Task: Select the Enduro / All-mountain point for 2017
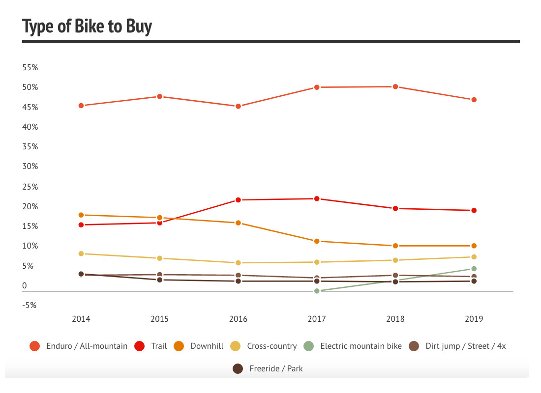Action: tap(317, 87)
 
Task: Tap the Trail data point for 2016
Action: tap(238, 200)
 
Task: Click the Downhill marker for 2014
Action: tap(81, 215)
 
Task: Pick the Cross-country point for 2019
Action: tap(474, 257)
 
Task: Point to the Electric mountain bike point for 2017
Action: tap(317, 291)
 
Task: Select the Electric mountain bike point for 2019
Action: tap(474, 269)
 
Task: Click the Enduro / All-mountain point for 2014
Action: tap(81, 106)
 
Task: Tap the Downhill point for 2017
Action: tap(317, 241)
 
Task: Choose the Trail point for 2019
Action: tap(474, 210)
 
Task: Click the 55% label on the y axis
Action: tap(30, 68)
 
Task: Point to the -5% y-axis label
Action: tap(29, 305)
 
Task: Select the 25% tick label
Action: tap(30, 187)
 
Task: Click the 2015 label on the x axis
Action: tap(159, 319)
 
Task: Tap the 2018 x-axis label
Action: tap(395, 319)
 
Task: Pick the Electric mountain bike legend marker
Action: tap(308, 346)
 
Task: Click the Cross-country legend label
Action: tap(271, 346)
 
